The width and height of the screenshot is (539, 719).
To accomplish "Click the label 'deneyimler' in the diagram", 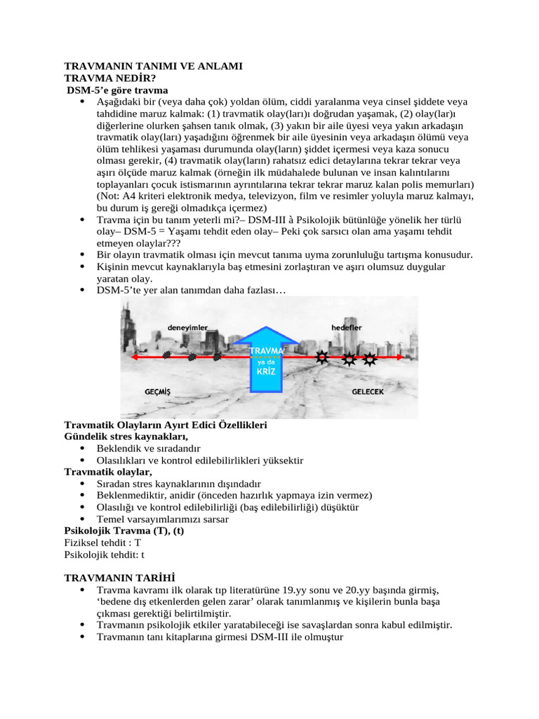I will click(188, 327).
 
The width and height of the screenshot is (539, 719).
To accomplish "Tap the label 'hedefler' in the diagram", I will click(347, 327).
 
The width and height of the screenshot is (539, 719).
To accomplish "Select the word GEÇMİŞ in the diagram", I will click(157, 391).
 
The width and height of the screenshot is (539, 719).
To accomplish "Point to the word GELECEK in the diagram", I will click(367, 391).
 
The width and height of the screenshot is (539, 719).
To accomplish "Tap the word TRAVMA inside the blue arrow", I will click(267, 350).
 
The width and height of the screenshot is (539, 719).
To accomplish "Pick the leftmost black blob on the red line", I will click(166, 355).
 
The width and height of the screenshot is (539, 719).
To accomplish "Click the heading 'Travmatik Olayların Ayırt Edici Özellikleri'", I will click(165, 426).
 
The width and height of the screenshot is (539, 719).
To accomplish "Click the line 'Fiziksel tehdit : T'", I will click(102, 543).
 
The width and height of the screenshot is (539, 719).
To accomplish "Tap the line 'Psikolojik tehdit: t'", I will click(104, 554).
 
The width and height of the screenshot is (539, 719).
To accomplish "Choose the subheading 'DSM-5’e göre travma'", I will click(117, 90).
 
